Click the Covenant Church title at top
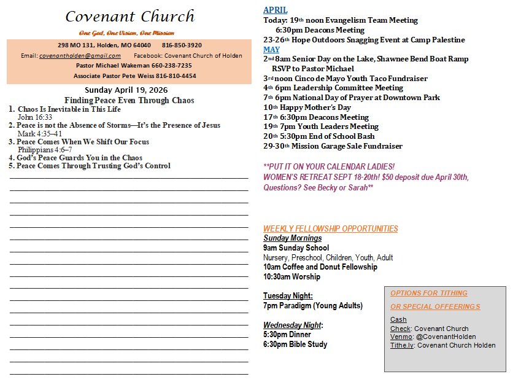pos(129,17)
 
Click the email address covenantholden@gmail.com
pos(80,55)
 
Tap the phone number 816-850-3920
pos(182,45)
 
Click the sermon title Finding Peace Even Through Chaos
pos(129,100)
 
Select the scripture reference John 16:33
pos(34,117)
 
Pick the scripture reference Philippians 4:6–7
pos(45,149)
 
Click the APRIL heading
pos(275,10)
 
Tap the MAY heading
pos(271,49)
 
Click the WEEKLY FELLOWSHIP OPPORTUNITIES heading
pos(331,228)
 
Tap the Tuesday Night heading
pos(288,295)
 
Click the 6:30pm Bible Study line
pos(295,344)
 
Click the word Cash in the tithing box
pos(398,319)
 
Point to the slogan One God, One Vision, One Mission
pos(126,33)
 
